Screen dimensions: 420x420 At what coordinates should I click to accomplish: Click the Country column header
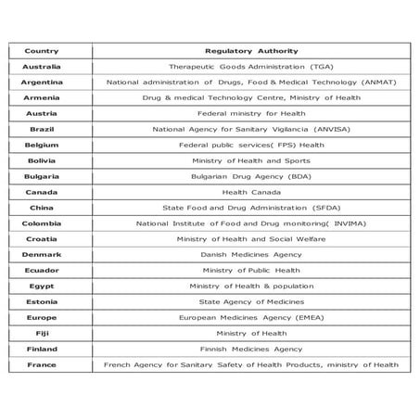point(42,50)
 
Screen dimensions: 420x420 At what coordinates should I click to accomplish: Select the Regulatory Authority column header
point(251,50)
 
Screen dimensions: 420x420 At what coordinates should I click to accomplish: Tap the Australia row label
point(42,67)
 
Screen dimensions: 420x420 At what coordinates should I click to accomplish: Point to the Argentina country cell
point(42,82)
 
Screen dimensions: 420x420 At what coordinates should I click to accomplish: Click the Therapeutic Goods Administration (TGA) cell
point(251,67)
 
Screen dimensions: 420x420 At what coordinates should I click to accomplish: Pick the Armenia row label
point(42,97)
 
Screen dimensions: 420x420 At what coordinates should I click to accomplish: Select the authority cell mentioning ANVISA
point(251,129)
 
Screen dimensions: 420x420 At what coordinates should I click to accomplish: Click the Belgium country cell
point(42,145)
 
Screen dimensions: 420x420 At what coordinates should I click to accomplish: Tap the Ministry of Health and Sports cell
point(251,160)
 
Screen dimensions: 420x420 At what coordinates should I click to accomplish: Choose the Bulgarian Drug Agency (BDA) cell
point(251,176)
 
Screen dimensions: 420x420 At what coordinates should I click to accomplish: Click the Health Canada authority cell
point(251,192)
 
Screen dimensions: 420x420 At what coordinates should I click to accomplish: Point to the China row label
point(42,208)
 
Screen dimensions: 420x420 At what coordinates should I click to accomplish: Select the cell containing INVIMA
point(251,223)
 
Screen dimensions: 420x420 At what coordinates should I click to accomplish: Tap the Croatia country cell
point(42,239)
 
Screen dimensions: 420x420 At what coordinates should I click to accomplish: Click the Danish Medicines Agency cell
point(251,255)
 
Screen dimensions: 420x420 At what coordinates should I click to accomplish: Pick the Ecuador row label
point(42,271)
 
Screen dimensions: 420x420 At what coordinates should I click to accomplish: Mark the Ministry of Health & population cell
point(251,286)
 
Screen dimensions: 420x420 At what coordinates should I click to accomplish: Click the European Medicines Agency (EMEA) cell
point(251,318)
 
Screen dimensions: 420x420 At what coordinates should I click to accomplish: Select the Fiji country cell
point(42,334)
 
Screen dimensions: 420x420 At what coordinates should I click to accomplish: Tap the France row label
point(42,365)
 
